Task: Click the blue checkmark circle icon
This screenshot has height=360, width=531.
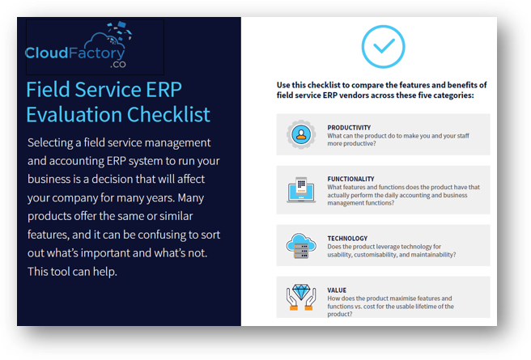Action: pos(382,46)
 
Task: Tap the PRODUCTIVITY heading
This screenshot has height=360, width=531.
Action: pos(349,127)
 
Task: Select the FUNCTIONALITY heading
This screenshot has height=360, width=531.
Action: pos(350,179)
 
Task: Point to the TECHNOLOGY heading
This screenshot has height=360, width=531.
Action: pos(348,238)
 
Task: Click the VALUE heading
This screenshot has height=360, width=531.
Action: pos(337,290)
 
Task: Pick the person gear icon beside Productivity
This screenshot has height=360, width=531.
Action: pos(301,134)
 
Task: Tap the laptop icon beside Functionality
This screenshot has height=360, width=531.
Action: pos(301,188)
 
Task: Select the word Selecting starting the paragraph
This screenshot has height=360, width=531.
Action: pos(53,142)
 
